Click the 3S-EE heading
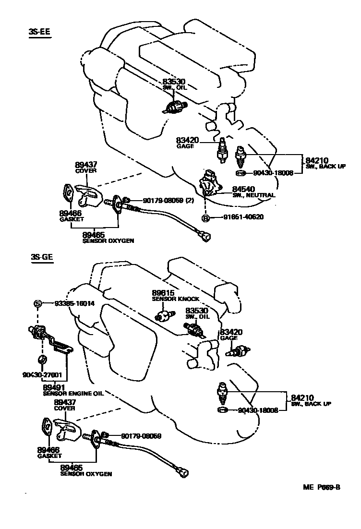coord(39,32)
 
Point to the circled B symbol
coord(206,217)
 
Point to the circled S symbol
coord(37,303)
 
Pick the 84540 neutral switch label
coord(244,189)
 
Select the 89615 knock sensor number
coord(163,292)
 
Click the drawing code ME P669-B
coord(321,487)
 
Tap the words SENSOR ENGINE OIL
coord(73,394)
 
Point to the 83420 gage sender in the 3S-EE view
coord(222,150)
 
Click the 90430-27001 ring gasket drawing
coord(42,360)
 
